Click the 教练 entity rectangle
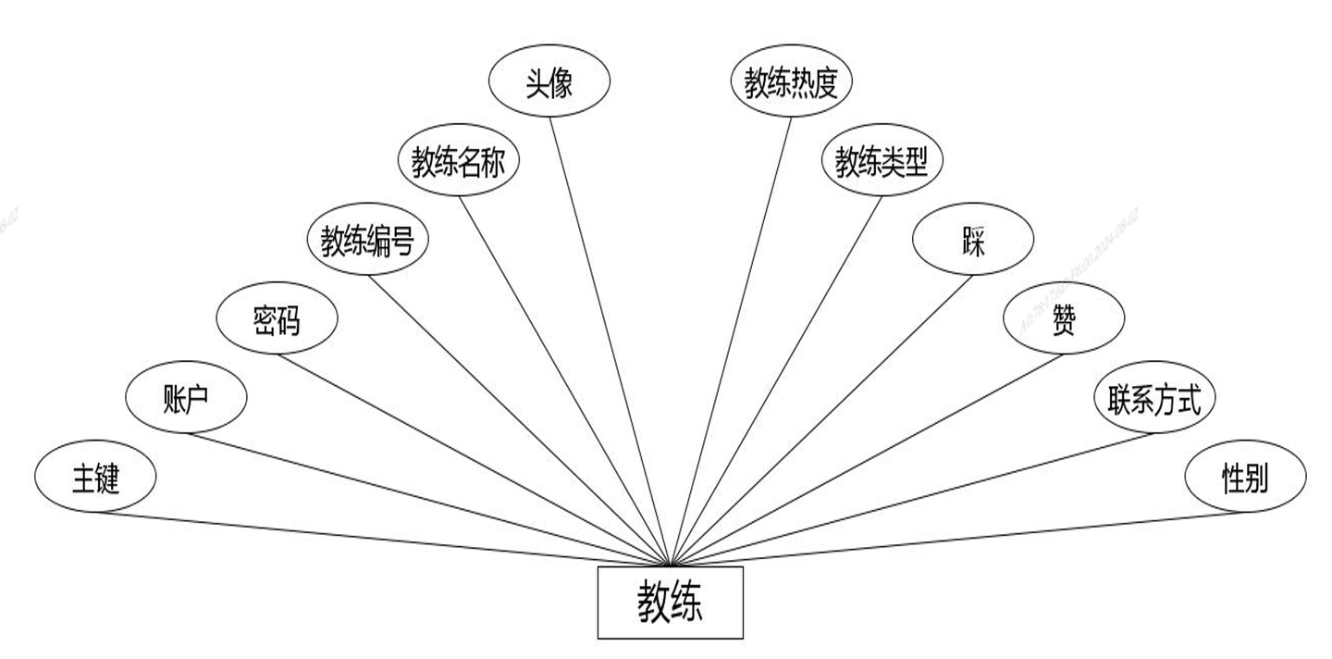pos(670,603)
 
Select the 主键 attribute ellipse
pos(95,478)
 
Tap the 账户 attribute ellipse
pos(186,399)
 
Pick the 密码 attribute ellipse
pos(277,320)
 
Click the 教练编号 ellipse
pos(367,242)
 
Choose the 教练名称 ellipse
pos(458,163)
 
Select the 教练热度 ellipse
pos(791,84)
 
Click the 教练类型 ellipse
pos(882,163)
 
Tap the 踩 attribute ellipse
pos(972,242)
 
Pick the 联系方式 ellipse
pos(1153,399)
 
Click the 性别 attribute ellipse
pos(1244,478)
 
